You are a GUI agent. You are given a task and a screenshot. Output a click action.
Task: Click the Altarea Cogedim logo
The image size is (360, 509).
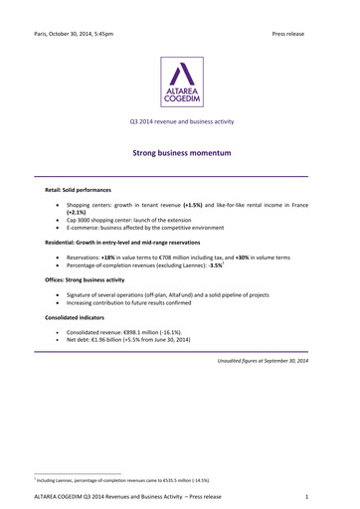point(180,82)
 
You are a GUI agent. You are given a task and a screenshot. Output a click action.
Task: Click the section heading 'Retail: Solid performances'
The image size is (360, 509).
point(78,188)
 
